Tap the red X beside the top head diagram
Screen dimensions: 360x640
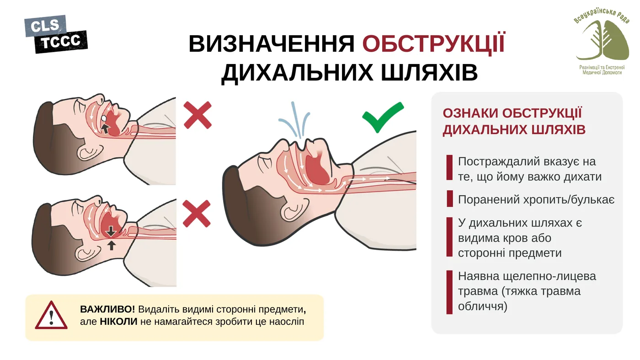click(197, 115)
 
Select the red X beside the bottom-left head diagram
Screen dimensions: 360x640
click(197, 214)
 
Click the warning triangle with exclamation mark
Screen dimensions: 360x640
click(51, 316)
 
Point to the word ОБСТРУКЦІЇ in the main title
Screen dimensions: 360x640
click(433, 43)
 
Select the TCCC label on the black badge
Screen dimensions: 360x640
click(61, 42)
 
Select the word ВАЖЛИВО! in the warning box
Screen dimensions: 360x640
click(107, 309)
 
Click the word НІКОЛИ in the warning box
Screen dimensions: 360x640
click(118, 322)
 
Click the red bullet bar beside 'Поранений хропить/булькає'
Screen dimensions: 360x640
click(449, 199)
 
